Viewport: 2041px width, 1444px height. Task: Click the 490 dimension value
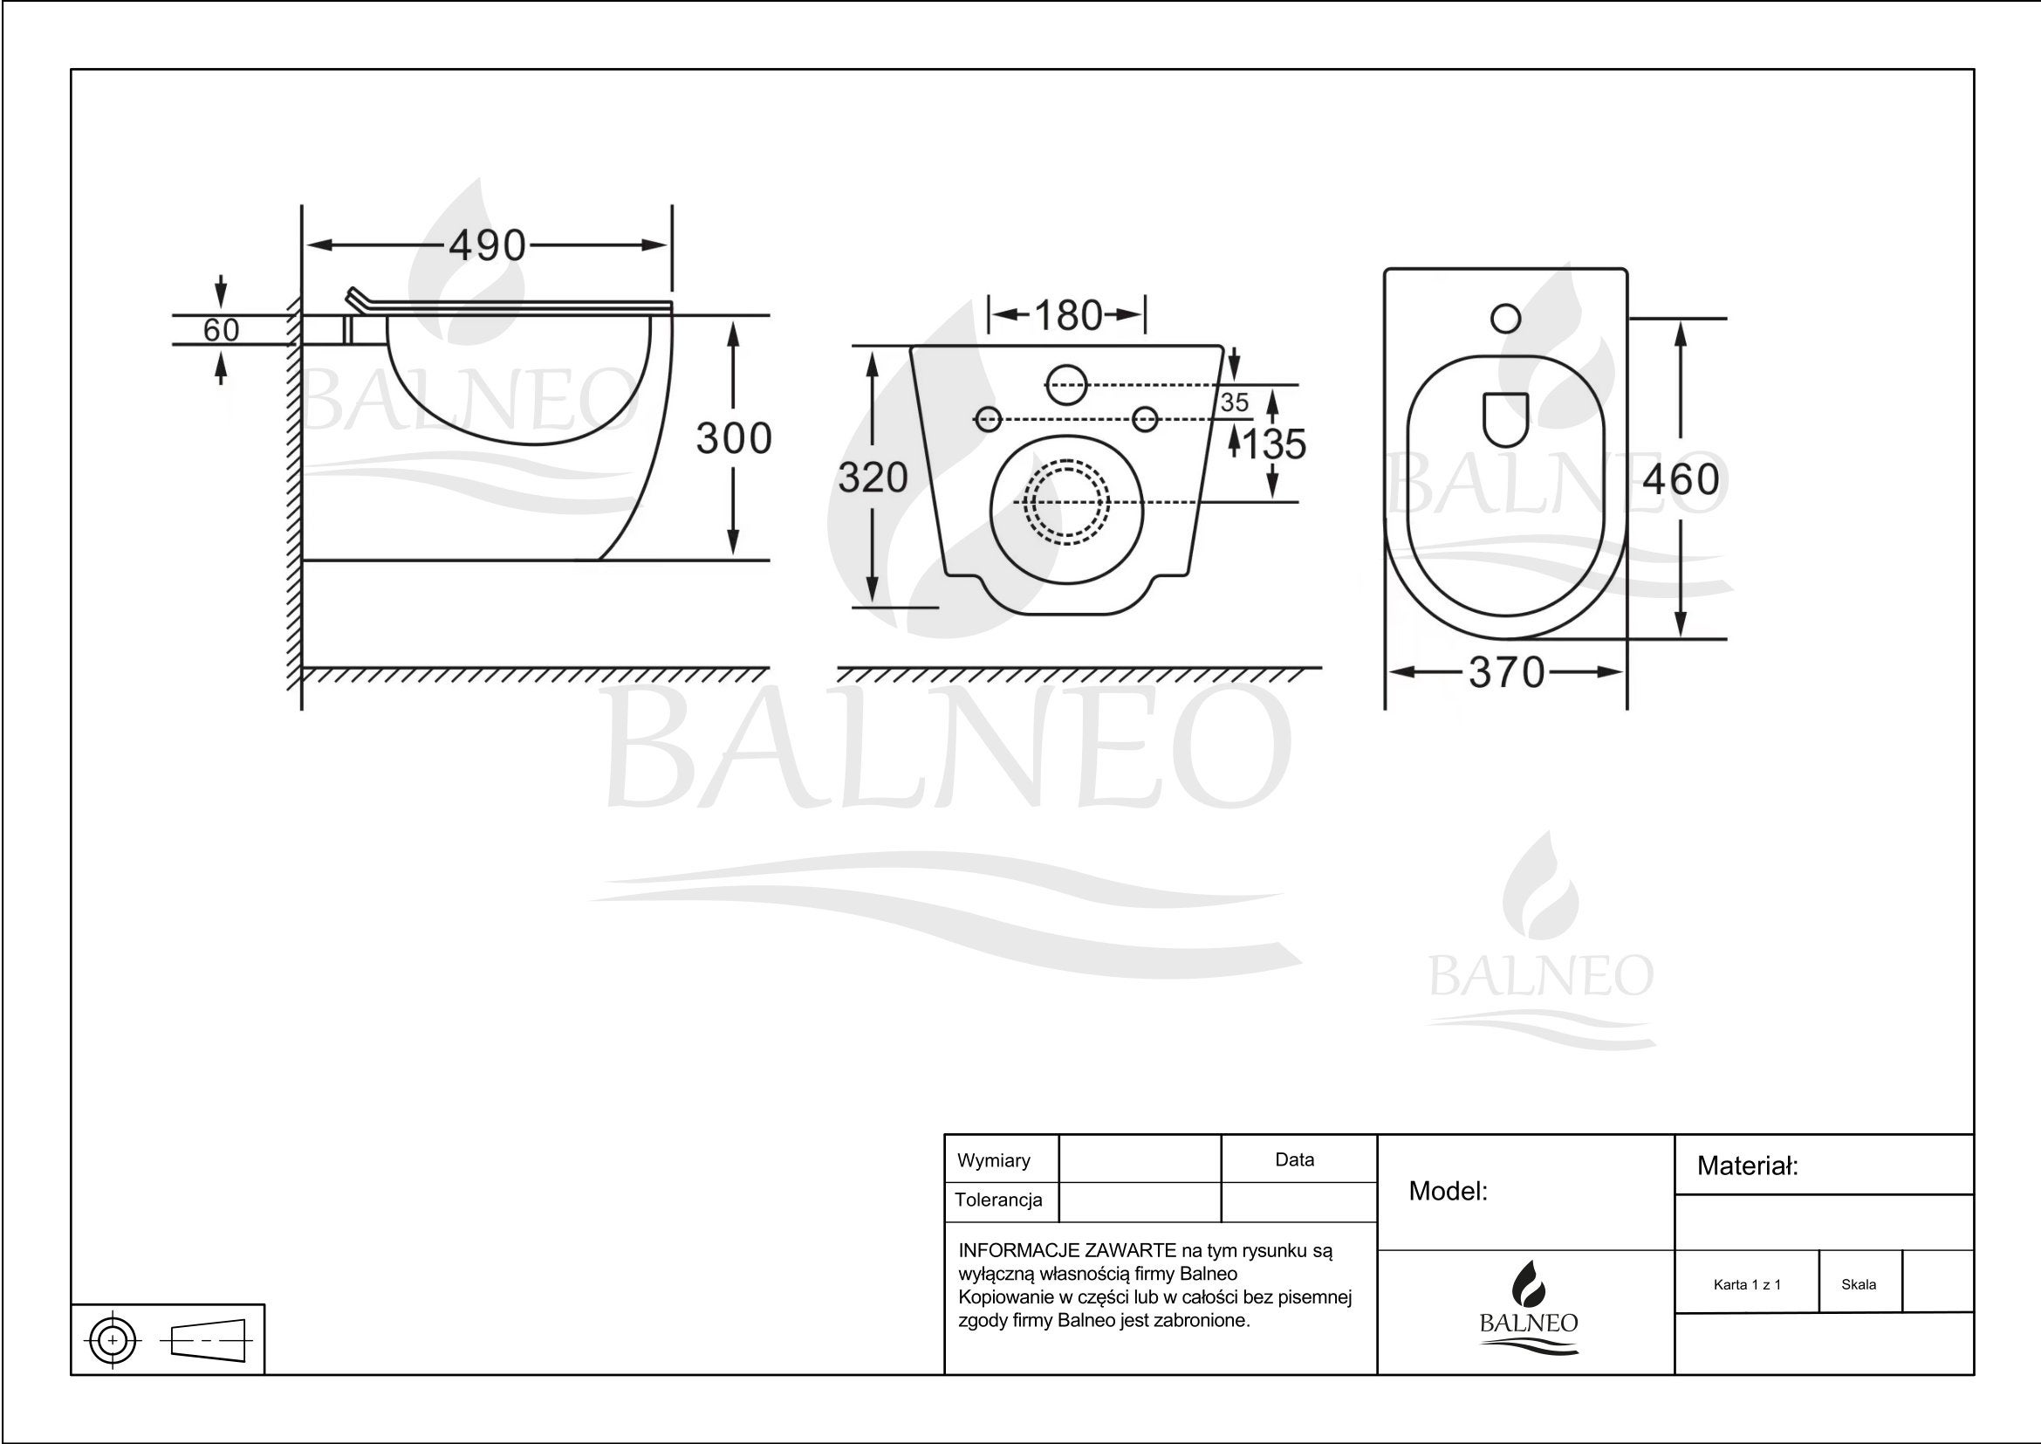coord(487,245)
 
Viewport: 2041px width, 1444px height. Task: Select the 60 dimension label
coord(221,330)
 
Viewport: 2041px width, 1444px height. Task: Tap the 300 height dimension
coord(733,438)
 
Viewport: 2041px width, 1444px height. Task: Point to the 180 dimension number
coord(1067,316)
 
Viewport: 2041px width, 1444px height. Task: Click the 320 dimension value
coord(873,478)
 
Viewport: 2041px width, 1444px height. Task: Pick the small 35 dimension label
coord(1234,402)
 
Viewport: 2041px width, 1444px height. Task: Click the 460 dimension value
coord(1680,480)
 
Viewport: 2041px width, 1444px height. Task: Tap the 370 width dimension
coord(1507,673)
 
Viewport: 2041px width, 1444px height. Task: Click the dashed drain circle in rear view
coord(1066,502)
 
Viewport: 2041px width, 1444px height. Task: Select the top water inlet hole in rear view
coord(1066,386)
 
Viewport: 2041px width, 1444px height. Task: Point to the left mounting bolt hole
coord(988,419)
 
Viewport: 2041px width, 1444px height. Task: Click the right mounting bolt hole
coord(1146,419)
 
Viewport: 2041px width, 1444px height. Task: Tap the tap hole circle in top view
coord(1506,319)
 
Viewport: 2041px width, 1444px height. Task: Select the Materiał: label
coord(1747,1166)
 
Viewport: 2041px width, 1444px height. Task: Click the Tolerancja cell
coord(998,1200)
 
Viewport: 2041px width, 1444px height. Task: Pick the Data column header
coord(1294,1159)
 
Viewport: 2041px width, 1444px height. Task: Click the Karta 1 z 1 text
coord(1747,1285)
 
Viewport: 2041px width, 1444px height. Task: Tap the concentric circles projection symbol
coord(113,1340)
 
